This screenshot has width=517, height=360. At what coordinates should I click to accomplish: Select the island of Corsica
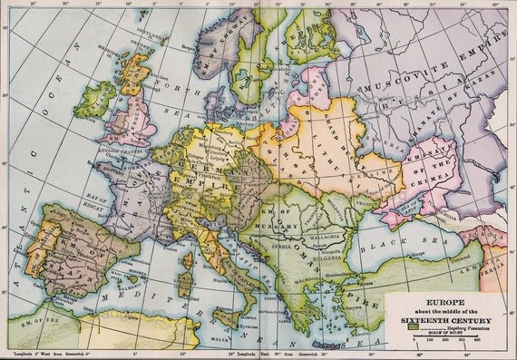click(190, 248)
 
